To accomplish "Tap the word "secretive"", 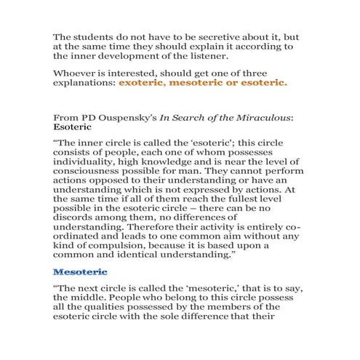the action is click(206, 36).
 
